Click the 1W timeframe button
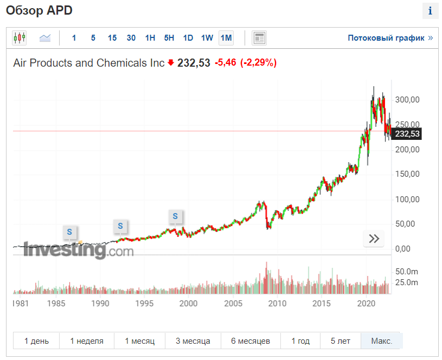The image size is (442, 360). [207, 38]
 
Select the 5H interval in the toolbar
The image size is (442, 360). [169, 38]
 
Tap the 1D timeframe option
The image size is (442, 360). [188, 38]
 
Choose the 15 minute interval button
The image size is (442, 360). [112, 38]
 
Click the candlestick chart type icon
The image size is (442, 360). [20, 38]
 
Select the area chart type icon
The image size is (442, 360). [45, 38]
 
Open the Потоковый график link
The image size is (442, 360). [390, 38]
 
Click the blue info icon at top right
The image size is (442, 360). [430, 11]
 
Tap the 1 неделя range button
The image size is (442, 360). [87, 341]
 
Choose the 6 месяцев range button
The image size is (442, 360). [250, 341]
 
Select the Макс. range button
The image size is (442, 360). [382, 341]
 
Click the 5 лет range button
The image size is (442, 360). [343, 341]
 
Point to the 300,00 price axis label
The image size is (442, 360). [407, 100]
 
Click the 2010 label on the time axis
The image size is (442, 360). [277, 303]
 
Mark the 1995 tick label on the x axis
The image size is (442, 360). [144, 303]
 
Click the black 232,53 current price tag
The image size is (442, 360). [407, 133]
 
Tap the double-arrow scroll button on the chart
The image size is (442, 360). [374, 239]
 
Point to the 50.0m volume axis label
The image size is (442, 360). [406, 271]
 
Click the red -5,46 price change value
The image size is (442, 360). [226, 63]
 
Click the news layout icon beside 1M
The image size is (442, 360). [259, 38]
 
